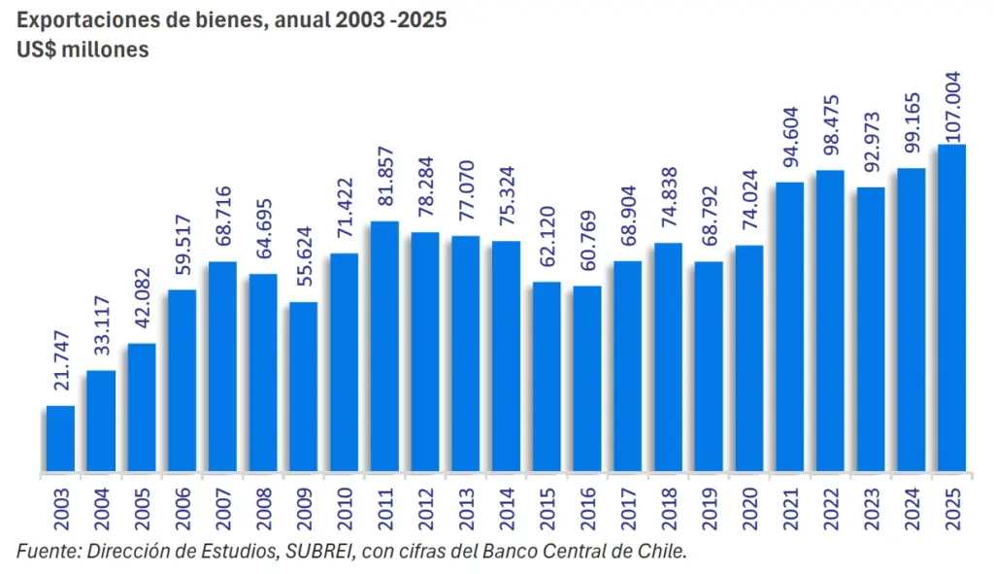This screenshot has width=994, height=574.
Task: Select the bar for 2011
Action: tap(385, 348)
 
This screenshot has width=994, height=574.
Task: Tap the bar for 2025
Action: tap(951, 310)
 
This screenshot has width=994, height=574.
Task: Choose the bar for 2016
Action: tap(587, 380)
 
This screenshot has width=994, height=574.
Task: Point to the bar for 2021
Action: tap(789, 328)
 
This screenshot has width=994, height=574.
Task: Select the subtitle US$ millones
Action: tap(83, 50)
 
